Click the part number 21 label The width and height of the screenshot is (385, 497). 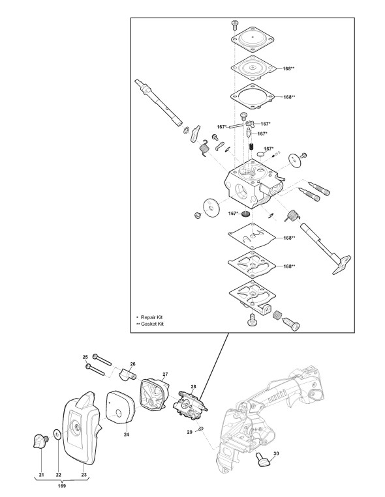(x=42, y=474)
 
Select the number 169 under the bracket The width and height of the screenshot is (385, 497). (x=62, y=485)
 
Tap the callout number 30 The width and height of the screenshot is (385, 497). (x=276, y=453)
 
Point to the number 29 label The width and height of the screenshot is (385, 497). (x=189, y=432)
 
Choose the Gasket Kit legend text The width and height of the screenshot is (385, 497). (x=152, y=324)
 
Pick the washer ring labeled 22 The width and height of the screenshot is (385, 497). (x=57, y=434)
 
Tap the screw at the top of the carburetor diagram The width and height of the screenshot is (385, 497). (x=234, y=23)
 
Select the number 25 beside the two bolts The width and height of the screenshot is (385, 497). (x=85, y=357)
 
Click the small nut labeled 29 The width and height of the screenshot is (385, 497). (x=200, y=429)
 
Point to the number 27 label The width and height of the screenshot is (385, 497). (x=165, y=375)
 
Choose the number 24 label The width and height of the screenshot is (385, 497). (x=127, y=434)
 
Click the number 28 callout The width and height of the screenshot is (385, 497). (x=193, y=386)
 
